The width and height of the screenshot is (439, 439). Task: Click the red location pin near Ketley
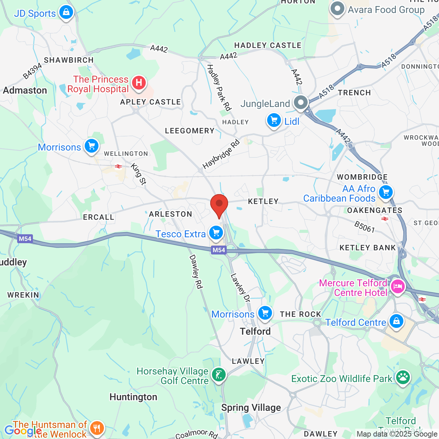[219, 204]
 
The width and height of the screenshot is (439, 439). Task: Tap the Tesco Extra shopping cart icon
[216, 233]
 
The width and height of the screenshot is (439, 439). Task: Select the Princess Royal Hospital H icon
[139, 83]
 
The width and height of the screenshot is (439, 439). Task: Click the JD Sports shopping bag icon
[66, 12]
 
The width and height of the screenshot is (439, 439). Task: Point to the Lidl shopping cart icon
[274, 120]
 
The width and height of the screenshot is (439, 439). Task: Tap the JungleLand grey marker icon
[301, 102]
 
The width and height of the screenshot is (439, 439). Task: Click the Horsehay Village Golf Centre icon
[218, 374]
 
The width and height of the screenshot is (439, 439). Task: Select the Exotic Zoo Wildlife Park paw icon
[403, 377]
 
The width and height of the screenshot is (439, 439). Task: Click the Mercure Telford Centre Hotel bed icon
[398, 286]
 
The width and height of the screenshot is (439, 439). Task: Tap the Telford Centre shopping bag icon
[396, 321]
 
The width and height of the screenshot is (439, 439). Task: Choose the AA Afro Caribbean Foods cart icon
[386, 192]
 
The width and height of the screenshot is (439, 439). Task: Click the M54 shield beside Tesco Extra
[219, 250]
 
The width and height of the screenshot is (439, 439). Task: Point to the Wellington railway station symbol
[118, 167]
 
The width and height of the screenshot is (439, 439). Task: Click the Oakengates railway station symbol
[384, 218]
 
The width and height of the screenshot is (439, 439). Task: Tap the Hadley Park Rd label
[218, 87]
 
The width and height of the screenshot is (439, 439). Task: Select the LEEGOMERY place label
[190, 131]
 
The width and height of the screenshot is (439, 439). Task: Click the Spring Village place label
[251, 407]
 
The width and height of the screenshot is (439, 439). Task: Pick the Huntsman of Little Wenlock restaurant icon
[97, 428]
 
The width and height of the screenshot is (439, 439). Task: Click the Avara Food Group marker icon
[337, 9]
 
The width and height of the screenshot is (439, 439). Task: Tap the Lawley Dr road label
[240, 287]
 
